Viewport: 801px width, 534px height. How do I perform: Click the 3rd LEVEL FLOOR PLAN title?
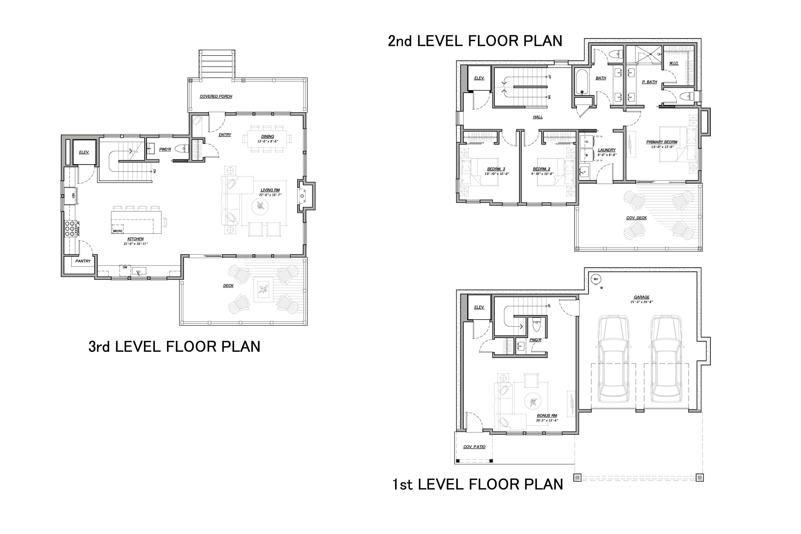174,347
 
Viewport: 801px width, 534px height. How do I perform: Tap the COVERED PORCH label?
216,96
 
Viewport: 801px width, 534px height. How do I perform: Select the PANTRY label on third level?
83,261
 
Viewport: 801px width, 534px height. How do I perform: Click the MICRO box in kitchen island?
117,231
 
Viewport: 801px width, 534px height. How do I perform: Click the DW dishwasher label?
125,267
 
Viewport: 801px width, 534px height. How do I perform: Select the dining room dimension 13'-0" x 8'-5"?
268,141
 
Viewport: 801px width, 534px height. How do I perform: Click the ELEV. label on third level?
84,152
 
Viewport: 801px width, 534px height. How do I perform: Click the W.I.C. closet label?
674,63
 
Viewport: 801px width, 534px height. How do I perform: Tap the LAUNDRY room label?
607,150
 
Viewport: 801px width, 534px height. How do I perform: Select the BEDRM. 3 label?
496,169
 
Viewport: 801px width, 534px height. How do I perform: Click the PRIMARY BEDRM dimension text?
662,147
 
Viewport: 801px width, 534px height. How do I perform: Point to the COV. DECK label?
636,218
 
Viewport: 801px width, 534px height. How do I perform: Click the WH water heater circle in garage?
596,279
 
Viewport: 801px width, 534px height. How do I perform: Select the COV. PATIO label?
474,447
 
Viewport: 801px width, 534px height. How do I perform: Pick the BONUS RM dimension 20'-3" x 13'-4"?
547,420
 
